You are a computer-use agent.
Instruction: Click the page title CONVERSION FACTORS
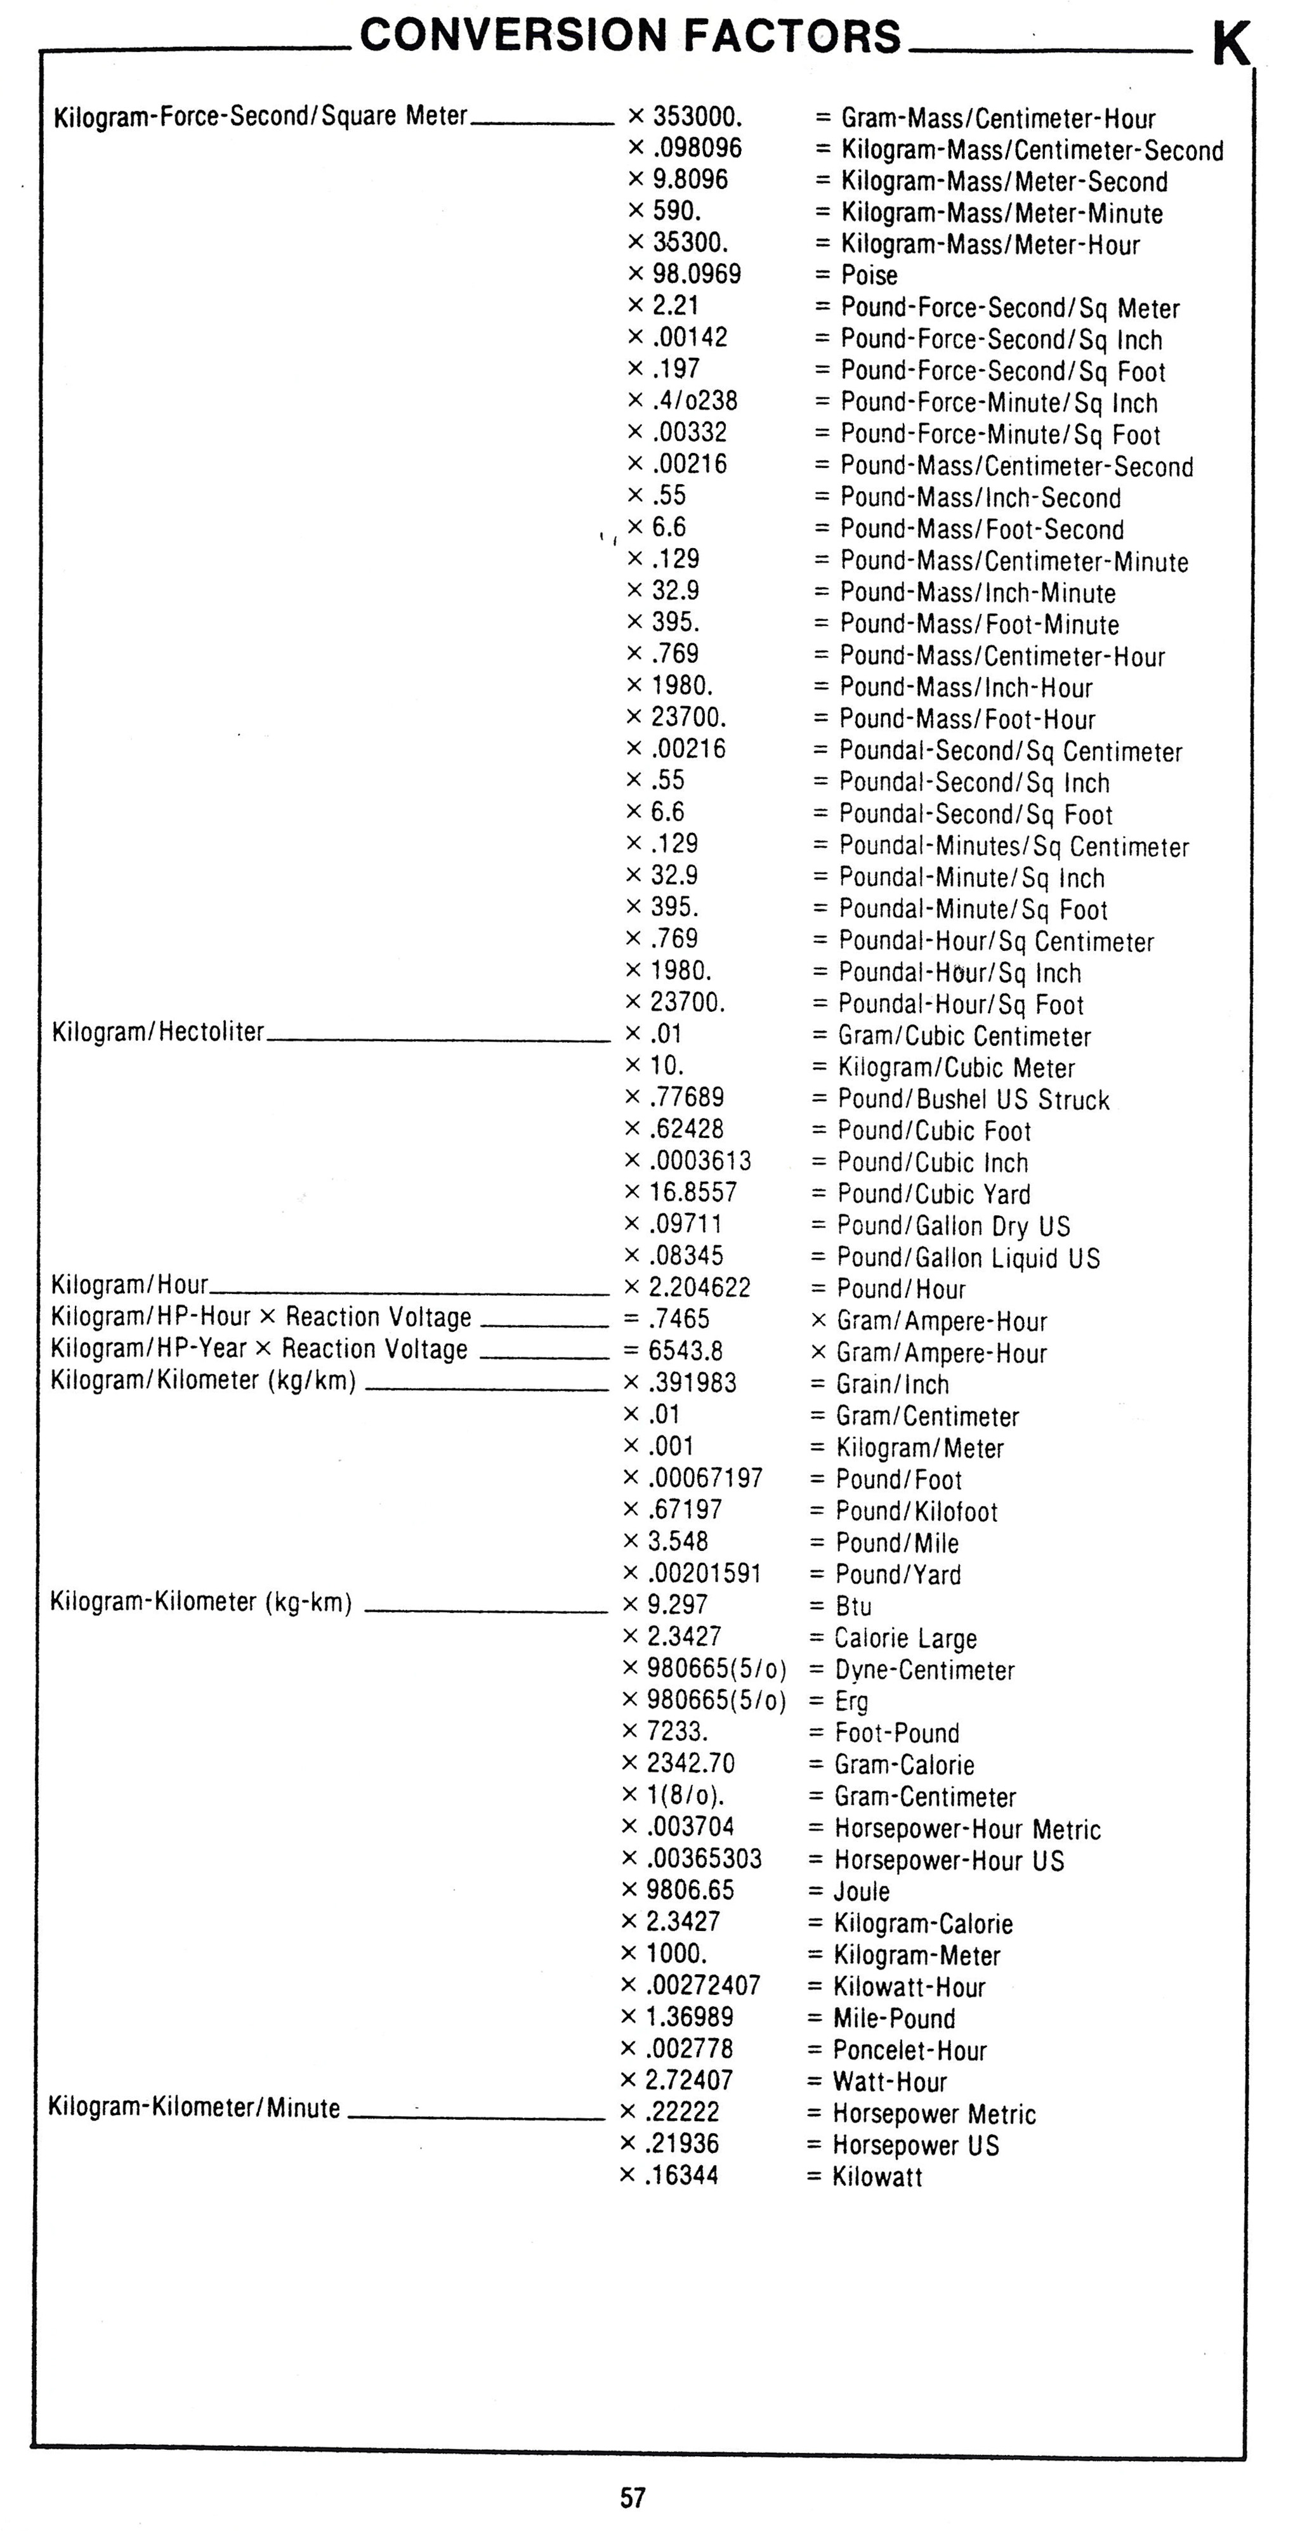pyautogui.click(x=630, y=36)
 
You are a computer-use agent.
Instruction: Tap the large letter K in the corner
pyautogui.click(x=1231, y=45)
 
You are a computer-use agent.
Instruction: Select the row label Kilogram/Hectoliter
pyautogui.click(x=158, y=1031)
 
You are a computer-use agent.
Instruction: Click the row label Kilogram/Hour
pyautogui.click(x=129, y=1284)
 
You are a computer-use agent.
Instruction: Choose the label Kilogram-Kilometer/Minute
pyautogui.click(x=195, y=2107)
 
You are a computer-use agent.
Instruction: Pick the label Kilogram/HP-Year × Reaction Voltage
pyautogui.click(x=259, y=1349)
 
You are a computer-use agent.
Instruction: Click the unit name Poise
pyautogui.click(x=870, y=275)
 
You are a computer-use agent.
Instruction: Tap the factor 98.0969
pyautogui.click(x=697, y=274)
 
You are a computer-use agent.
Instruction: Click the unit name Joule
pyautogui.click(x=862, y=1892)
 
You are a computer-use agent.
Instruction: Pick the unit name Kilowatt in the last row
pyautogui.click(x=877, y=2176)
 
